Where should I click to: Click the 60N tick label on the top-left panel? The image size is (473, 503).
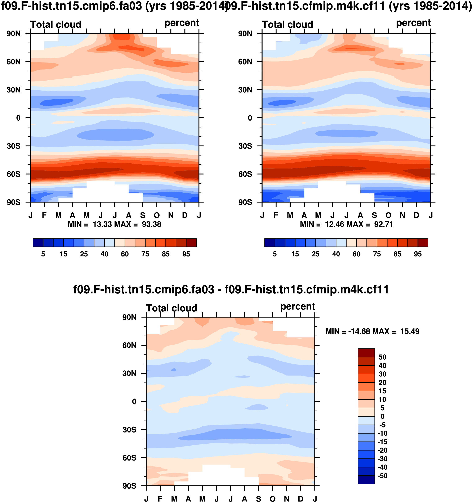click(13, 62)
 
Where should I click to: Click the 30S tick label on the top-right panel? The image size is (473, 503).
click(245, 146)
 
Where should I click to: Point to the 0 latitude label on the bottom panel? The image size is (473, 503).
click(134, 402)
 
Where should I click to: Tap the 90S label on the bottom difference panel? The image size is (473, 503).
click(129, 486)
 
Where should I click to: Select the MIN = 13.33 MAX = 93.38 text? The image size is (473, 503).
click(115, 224)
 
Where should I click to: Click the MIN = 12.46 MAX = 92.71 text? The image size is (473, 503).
click(346, 224)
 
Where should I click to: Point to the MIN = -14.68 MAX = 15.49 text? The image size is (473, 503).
click(372, 331)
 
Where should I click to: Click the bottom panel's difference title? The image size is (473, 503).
click(231, 289)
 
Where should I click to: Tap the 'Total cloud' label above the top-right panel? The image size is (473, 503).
click(287, 24)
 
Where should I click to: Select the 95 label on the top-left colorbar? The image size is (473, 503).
click(186, 254)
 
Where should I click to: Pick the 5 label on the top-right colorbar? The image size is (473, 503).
click(275, 254)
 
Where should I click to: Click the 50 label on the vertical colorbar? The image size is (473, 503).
click(382, 357)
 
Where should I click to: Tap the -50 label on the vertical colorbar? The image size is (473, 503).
click(382, 476)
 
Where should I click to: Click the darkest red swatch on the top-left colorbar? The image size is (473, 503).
click(191, 243)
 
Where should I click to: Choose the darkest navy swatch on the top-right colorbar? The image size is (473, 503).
click(269, 243)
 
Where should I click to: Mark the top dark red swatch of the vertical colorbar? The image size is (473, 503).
click(366, 353)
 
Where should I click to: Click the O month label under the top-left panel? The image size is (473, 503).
click(157, 216)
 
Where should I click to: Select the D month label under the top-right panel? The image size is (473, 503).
click(416, 216)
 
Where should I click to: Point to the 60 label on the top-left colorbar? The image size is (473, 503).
click(125, 254)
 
